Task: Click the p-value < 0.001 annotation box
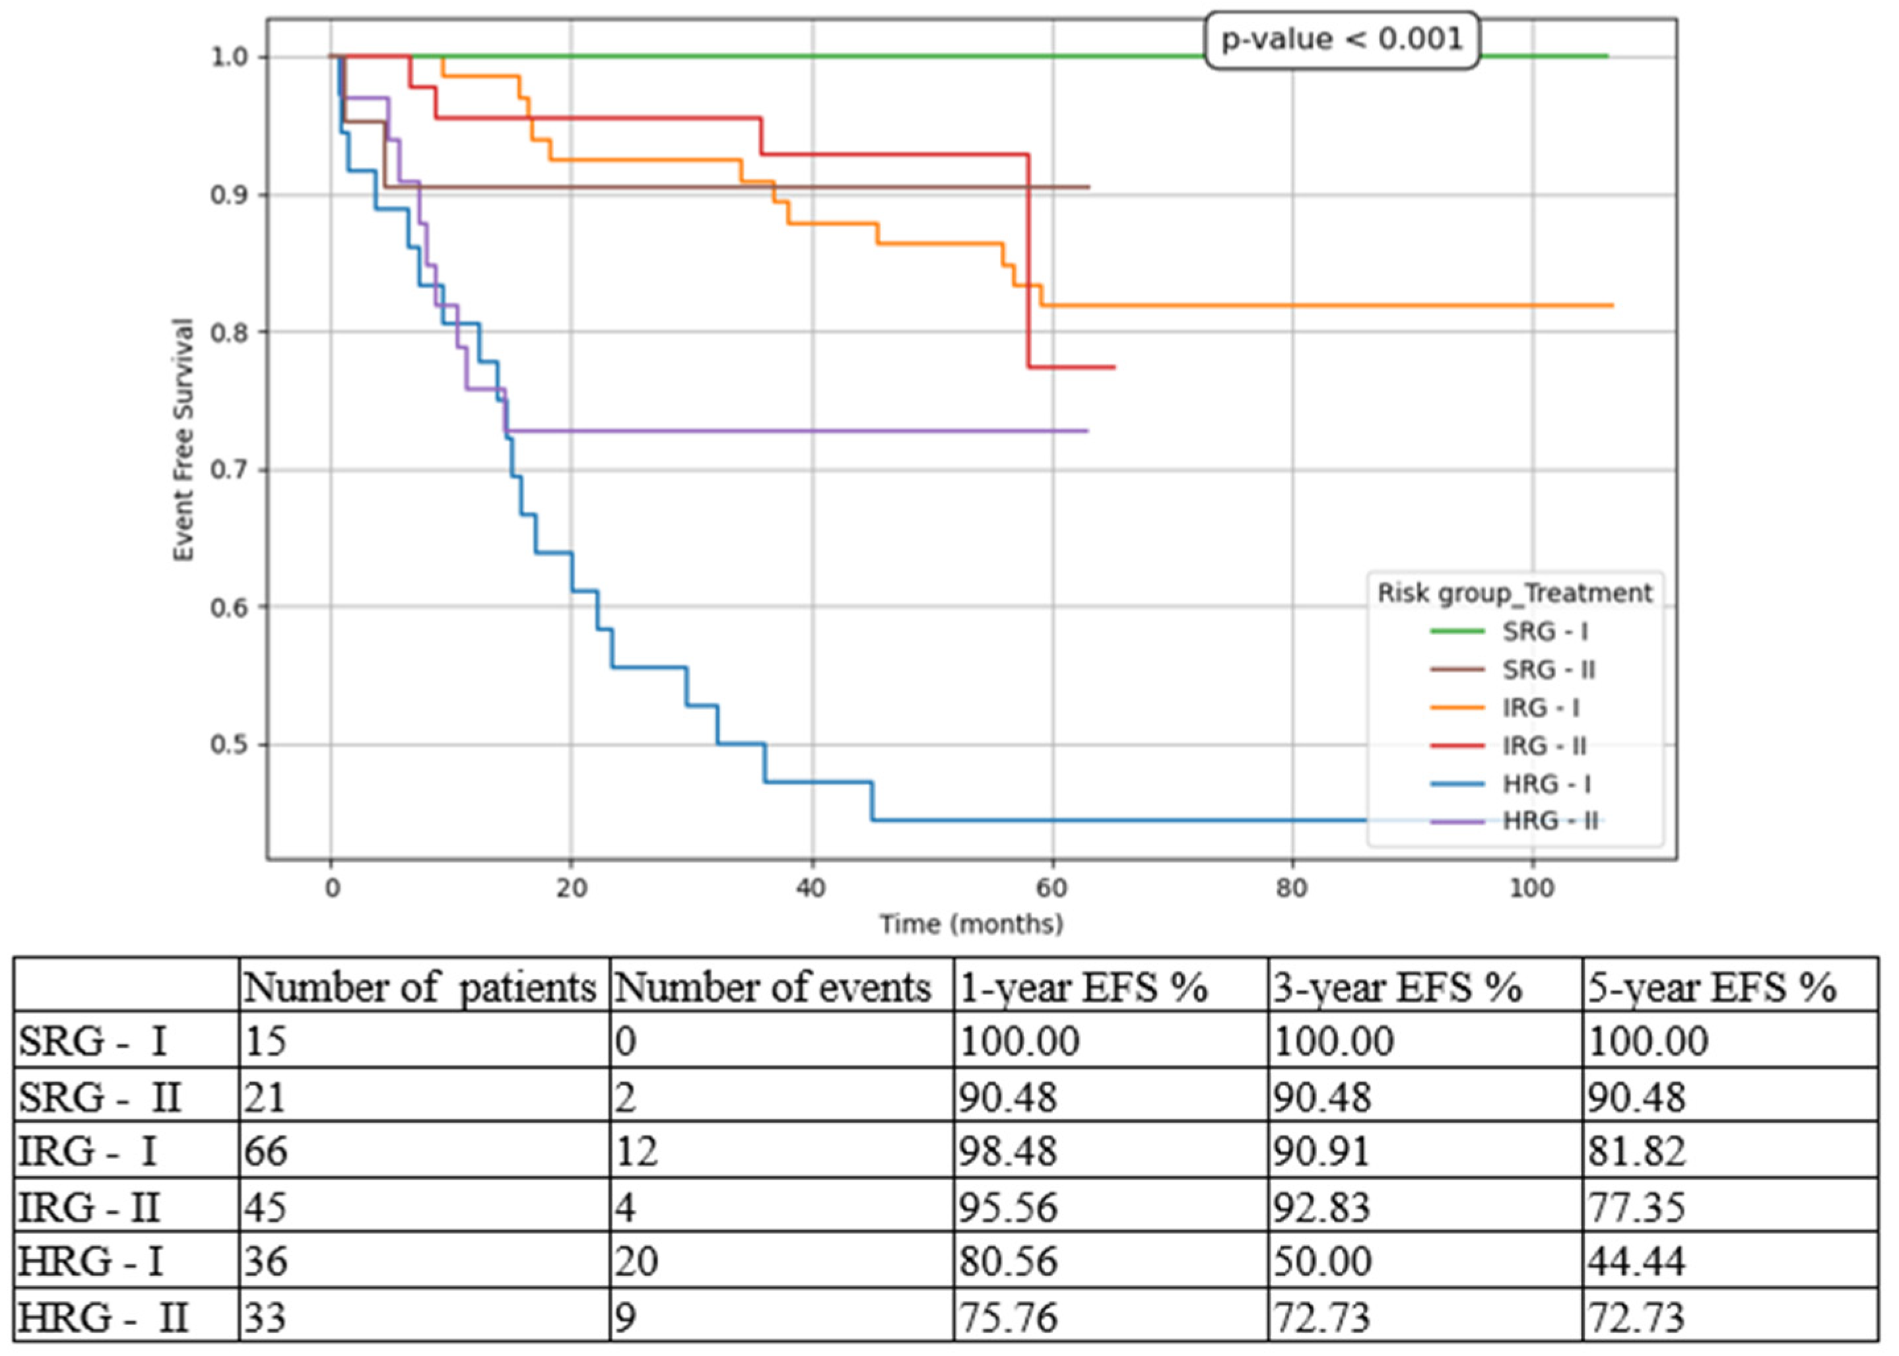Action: pos(1341,39)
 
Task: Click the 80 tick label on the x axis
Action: pos(1291,888)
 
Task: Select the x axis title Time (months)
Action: pos(971,924)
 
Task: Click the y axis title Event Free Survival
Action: pos(183,440)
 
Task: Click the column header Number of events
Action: pos(772,988)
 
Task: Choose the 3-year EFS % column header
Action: pos(1397,988)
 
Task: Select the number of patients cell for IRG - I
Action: pos(267,1152)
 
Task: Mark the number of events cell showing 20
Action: pos(637,1262)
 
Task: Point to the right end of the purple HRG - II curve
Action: pos(1086,431)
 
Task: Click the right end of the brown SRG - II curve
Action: pos(1088,187)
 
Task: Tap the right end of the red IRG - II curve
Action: pos(1114,368)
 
